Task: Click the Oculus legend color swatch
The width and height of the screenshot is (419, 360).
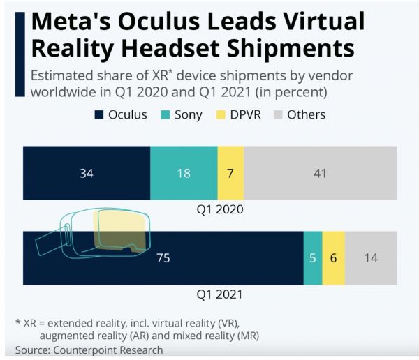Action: click(x=99, y=114)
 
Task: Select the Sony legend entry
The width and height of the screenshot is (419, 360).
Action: click(x=183, y=114)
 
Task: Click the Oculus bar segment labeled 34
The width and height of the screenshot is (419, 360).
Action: click(x=86, y=173)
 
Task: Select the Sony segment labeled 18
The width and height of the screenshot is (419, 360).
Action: click(x=184, y=173)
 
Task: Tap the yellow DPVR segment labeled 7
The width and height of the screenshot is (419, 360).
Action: click(x=230, y=173)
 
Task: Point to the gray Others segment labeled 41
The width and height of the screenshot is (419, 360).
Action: click(x=321, y=173)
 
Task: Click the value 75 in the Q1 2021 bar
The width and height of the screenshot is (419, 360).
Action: click(x=163, y=257)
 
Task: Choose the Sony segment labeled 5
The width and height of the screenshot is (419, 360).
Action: click(x=313, y=257)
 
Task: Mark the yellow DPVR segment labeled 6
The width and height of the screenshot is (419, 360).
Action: click(x=334, y=257)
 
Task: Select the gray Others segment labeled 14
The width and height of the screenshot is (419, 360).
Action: click(x=371, y=257)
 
